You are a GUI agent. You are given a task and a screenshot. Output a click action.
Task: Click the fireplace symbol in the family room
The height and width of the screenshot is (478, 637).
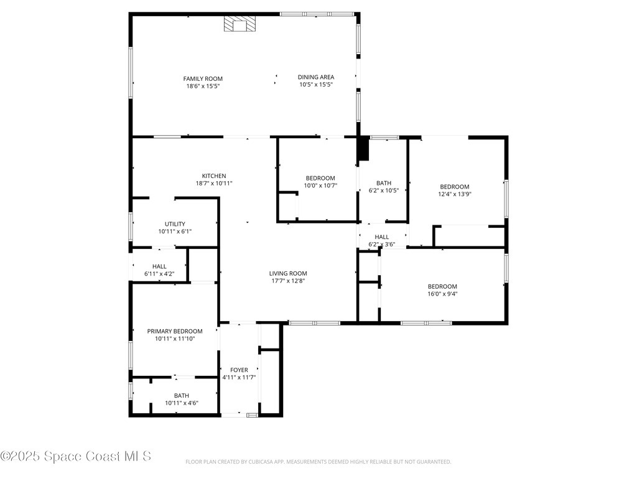(x=239, y=24)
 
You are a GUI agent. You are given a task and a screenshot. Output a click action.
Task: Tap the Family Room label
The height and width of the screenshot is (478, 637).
(x=203, y=79)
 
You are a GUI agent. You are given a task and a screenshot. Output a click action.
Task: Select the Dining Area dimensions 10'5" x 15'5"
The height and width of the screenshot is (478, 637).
(x=316, y=85)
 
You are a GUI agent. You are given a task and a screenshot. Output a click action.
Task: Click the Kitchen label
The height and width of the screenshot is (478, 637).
(x=214, y=176)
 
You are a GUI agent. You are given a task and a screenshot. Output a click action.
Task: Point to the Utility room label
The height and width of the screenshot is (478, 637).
(x=175, y=224)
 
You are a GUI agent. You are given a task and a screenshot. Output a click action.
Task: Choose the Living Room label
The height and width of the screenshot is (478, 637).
(x=288, y=274)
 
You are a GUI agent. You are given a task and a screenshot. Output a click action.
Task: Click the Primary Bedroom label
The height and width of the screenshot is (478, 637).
(x=175, y=331)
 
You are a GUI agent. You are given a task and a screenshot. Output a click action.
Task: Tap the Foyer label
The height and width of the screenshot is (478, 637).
(x=239, y=370)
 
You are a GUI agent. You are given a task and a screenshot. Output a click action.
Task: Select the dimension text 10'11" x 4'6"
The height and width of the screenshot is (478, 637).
(x=182, y=403)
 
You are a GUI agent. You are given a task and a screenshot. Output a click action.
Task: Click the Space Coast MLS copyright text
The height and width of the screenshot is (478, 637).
(x=76, y=456)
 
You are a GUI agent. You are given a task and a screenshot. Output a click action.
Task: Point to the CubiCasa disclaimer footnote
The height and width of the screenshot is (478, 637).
(x=318, y=462)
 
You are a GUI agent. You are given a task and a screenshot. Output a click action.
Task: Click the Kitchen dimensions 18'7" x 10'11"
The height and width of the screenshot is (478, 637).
(x=214, y=184)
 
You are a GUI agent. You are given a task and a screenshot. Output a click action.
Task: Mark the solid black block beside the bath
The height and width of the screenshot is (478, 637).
(x=363, y=149)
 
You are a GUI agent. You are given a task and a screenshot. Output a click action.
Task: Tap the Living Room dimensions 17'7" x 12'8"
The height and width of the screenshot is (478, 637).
(x=288, y=281)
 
